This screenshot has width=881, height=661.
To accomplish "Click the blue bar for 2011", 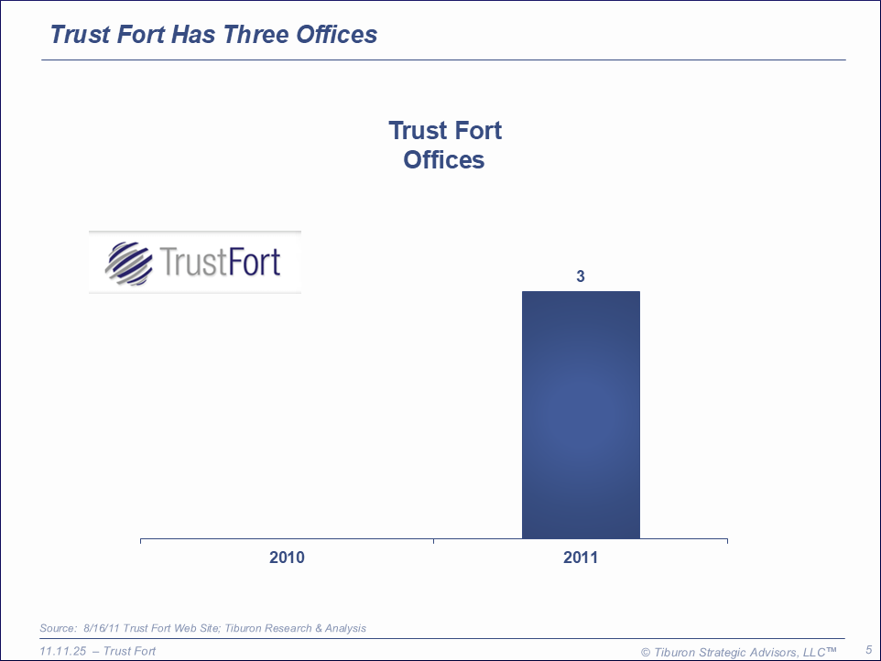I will coord(581,414).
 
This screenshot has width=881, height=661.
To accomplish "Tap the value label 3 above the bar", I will coord(581,275).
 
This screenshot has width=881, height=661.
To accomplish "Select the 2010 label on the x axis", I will coord(287,558).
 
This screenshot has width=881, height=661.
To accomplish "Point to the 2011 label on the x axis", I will coord(581,558).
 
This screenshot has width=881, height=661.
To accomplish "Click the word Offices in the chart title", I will coord(444,160).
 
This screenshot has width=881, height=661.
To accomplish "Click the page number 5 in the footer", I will coord(868,650).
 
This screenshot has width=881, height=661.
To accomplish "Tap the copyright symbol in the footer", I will coord(646,652).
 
